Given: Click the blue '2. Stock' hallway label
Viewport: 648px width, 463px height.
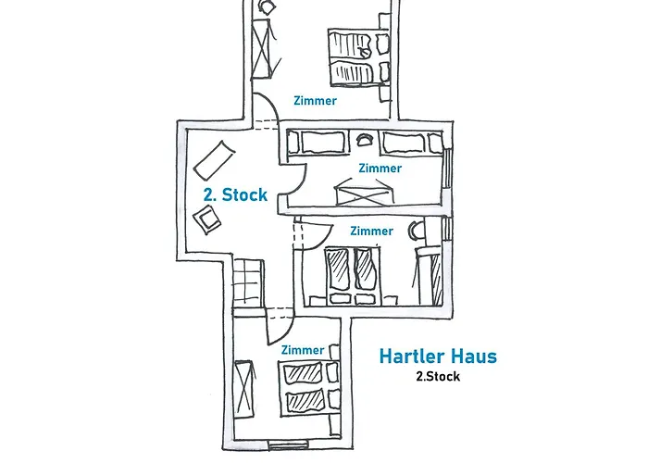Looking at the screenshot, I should (235, 195).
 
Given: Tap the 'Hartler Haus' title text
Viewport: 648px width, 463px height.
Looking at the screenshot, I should (438, 357).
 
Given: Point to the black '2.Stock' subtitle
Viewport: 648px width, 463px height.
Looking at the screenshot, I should (438, 377).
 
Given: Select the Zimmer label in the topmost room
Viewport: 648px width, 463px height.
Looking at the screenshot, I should (315, 101).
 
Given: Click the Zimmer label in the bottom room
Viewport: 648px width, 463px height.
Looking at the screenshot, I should (302, 350).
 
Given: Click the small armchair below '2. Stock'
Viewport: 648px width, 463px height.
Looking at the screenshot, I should (207, 219).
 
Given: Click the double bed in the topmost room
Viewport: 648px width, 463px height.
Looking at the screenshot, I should (355, 56).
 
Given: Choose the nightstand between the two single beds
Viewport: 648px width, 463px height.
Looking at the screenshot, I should (364, 141).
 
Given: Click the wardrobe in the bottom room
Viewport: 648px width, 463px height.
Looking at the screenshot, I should (243, 390).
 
